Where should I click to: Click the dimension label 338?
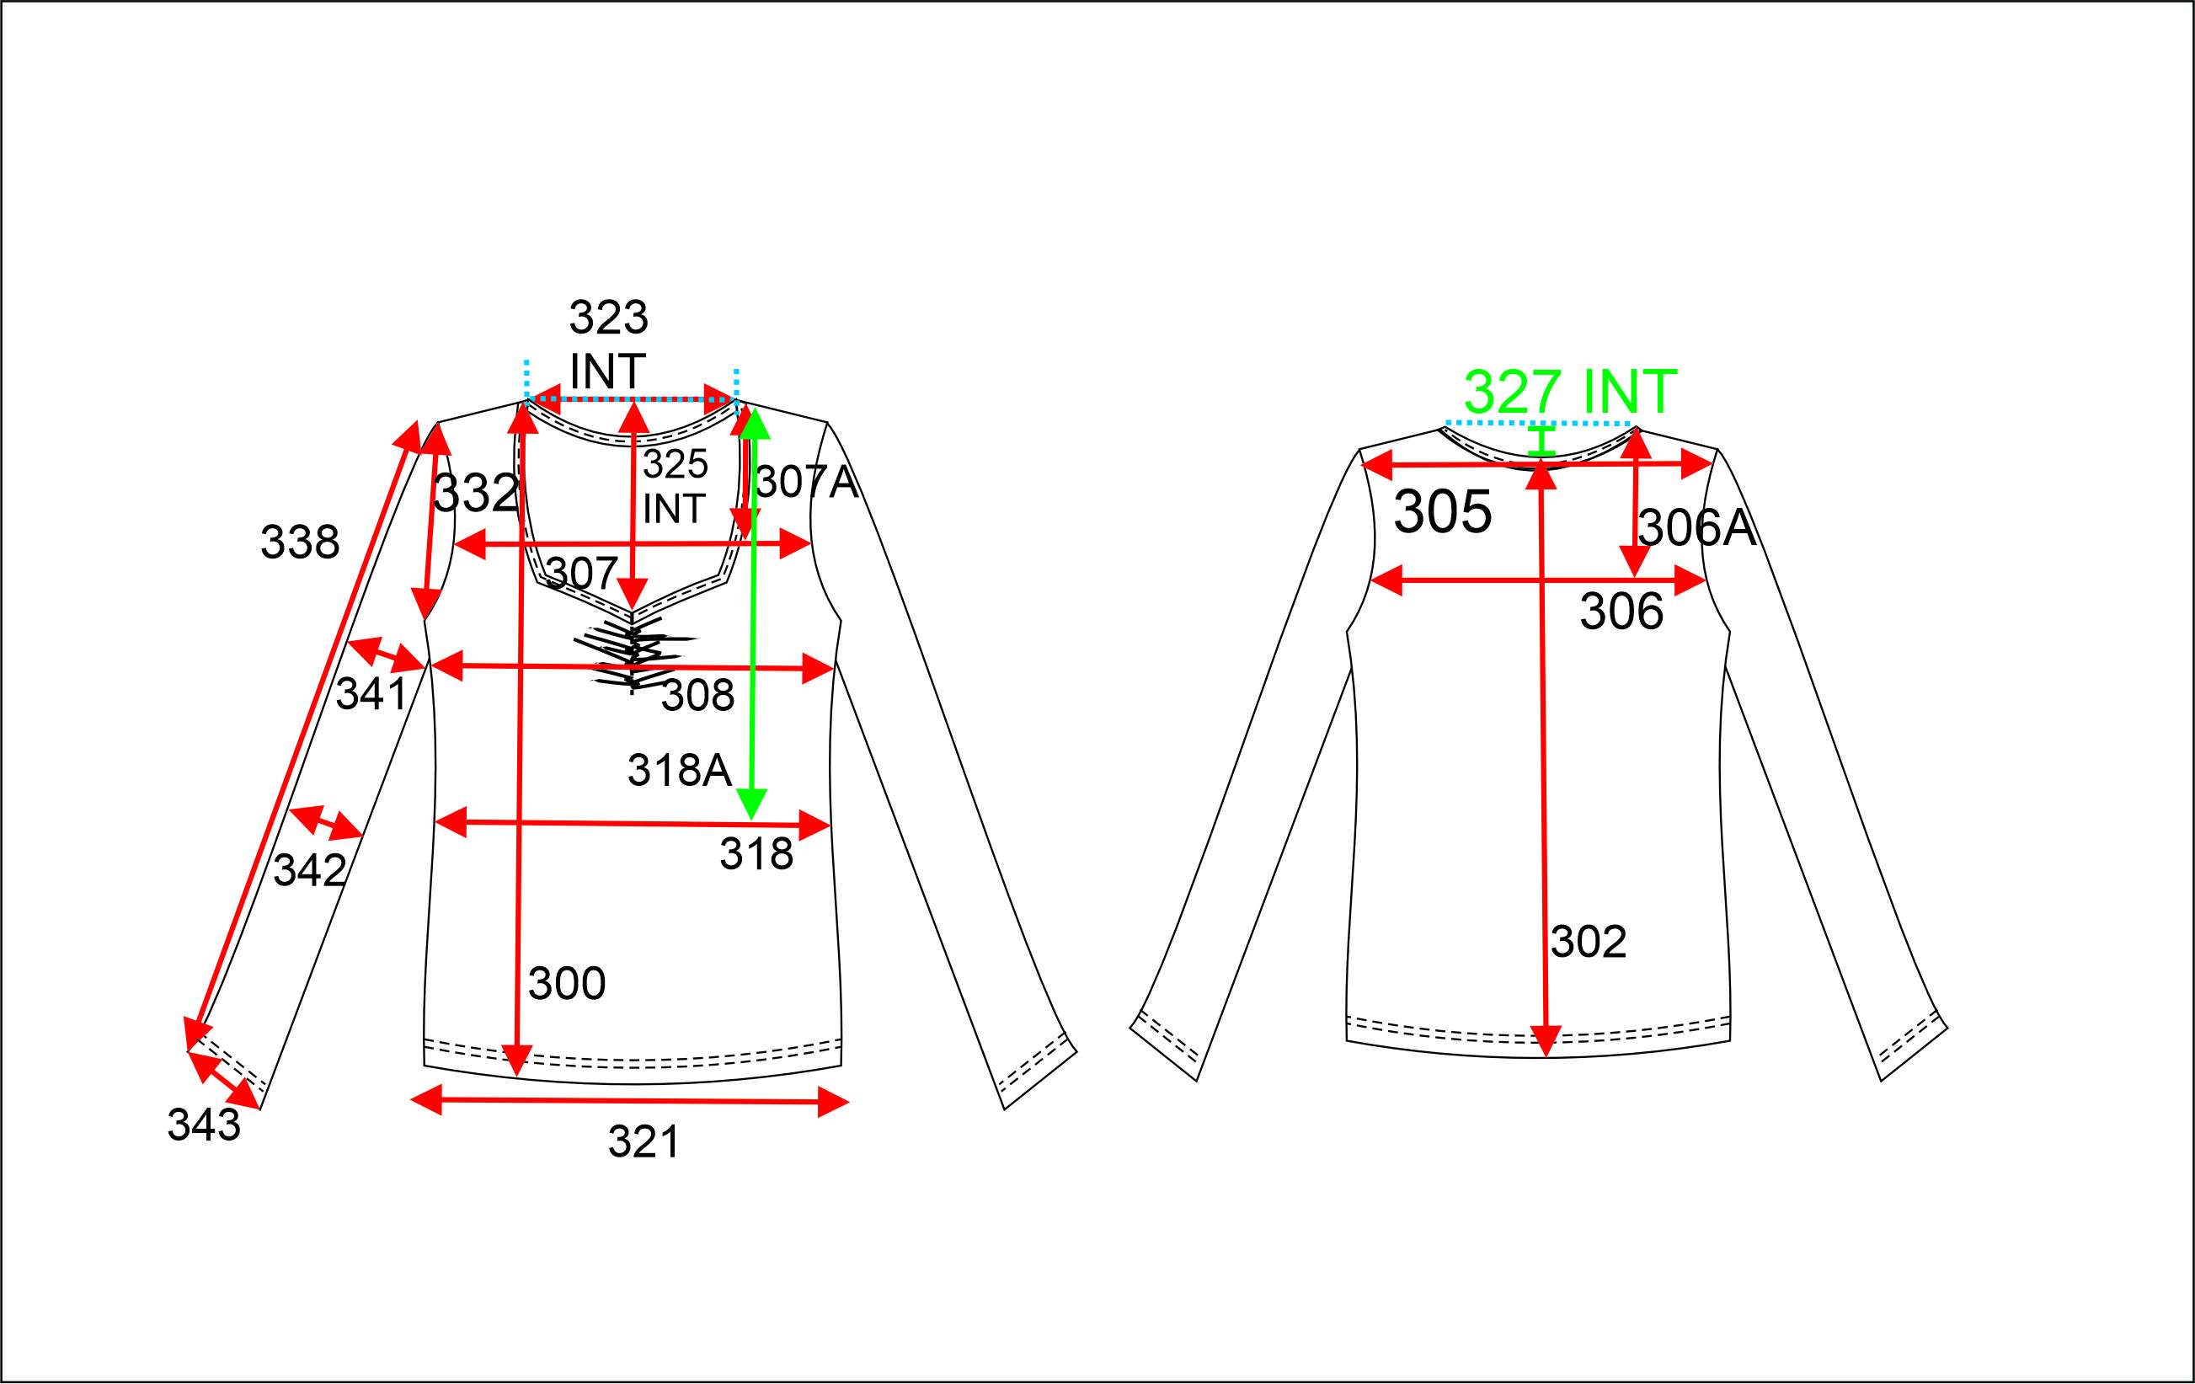pyautogui.click(x=300, y=542)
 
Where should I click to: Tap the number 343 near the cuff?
pyautogui.click(x=204, y=1125)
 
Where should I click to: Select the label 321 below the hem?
pyautogui.click(x=644, y=1141)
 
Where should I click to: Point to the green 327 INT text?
pyautogui.click(x=1570, y=392)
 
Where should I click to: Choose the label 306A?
pyautogui.click(x=1696, y=528)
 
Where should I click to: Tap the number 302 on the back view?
pyautogui.click(x=1589, y=941)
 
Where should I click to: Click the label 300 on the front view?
pyautogui.click(x=567, y=983)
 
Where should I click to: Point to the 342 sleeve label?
pyautogui.click(x=310, y=870)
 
